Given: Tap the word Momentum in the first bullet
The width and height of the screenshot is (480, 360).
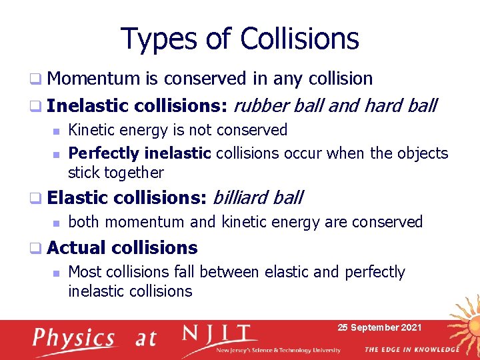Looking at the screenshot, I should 93,79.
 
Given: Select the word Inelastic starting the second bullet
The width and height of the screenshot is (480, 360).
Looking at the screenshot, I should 88,105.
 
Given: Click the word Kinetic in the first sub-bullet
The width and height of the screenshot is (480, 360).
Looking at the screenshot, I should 90,130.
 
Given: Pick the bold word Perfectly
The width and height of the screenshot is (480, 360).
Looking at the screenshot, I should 103,153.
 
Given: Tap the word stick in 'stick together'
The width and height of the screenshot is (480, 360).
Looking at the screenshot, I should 82,173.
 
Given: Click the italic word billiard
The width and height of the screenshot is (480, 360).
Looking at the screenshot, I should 241,197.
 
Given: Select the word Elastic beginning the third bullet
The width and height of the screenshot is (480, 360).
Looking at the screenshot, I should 77,197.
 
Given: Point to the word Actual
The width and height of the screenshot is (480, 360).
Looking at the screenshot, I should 77,248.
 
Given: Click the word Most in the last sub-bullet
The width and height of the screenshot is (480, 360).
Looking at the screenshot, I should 85,272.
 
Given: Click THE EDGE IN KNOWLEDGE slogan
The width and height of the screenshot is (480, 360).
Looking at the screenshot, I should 412,349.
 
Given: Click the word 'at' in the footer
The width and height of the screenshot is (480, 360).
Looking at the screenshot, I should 145,339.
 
